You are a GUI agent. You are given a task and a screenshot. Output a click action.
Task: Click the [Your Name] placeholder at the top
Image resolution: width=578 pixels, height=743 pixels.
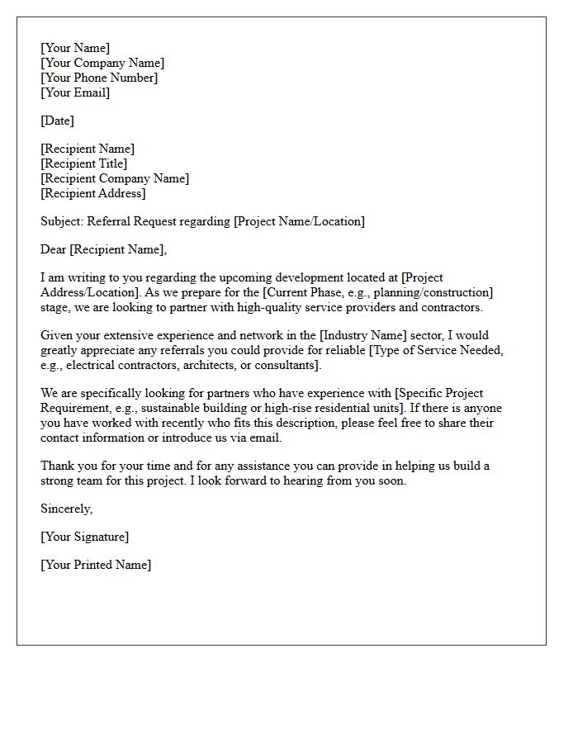click(x=75, y=48)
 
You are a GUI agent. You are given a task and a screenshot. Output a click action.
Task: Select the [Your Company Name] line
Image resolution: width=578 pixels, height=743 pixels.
click(x=102, y=63)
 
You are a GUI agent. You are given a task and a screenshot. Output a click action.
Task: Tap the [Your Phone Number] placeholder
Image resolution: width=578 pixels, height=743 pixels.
click(x=99, y=78)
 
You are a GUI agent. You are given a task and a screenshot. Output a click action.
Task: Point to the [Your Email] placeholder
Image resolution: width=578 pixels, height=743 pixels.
click(x=75, y=92)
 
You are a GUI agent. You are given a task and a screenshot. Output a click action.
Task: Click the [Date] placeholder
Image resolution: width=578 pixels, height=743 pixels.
click(x=57, y=121)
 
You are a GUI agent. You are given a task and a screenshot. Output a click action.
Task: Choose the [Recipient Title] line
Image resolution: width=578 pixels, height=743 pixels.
click(x=84, y=163)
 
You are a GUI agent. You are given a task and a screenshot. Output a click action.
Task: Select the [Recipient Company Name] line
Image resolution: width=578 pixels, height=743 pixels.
click(x=115, y=178)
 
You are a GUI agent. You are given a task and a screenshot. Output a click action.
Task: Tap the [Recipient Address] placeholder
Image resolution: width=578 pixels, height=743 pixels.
click(x=93, y=193)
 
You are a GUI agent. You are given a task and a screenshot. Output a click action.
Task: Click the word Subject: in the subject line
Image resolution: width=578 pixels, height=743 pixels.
click(x=62, y=221)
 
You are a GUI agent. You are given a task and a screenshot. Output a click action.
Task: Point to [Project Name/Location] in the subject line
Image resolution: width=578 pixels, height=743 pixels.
click(x=299, y=221)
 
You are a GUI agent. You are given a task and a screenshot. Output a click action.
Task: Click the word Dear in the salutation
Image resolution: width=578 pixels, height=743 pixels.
click(x=54, y=249)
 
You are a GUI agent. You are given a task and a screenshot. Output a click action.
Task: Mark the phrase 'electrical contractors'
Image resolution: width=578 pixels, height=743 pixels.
click(x=116, y=365)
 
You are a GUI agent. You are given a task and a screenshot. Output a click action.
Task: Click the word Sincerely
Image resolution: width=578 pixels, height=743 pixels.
click(x=66, y=509)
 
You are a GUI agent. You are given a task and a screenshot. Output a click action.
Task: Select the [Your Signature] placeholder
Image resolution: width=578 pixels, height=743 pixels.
click(x=84, y=537)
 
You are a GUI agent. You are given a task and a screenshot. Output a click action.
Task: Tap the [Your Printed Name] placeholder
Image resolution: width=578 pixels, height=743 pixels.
click(x=96, y=565)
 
